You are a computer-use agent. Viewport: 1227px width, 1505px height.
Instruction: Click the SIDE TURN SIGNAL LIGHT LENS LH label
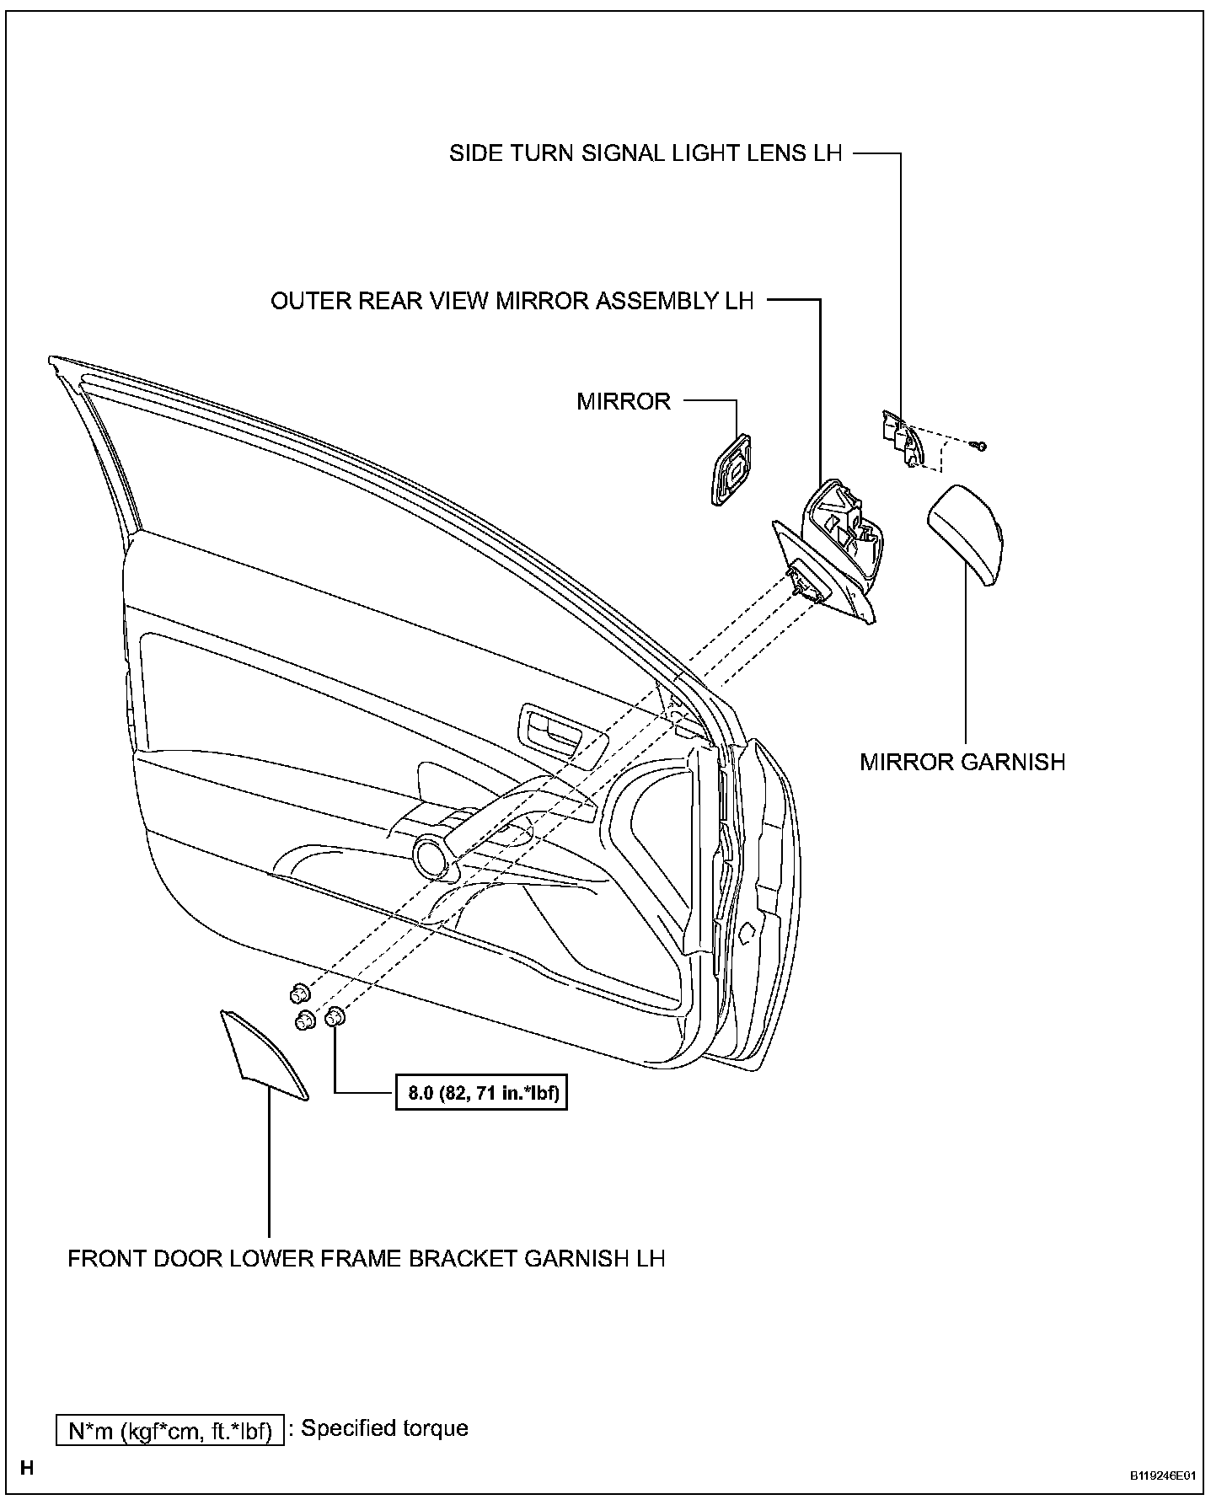tap(645, 154)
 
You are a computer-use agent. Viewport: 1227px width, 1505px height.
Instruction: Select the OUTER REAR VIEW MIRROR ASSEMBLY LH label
tap(512, 301)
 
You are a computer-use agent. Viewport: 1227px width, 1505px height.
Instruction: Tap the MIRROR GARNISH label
tap(962, 762)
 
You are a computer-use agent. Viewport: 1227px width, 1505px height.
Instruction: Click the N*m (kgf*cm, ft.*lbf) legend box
tap(170, 1432)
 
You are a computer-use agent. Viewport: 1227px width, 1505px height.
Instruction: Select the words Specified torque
tap(384, 1428)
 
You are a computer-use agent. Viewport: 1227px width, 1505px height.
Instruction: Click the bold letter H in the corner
tap(27, 1469)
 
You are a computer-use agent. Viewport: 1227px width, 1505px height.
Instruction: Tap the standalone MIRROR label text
tap(624, 401)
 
